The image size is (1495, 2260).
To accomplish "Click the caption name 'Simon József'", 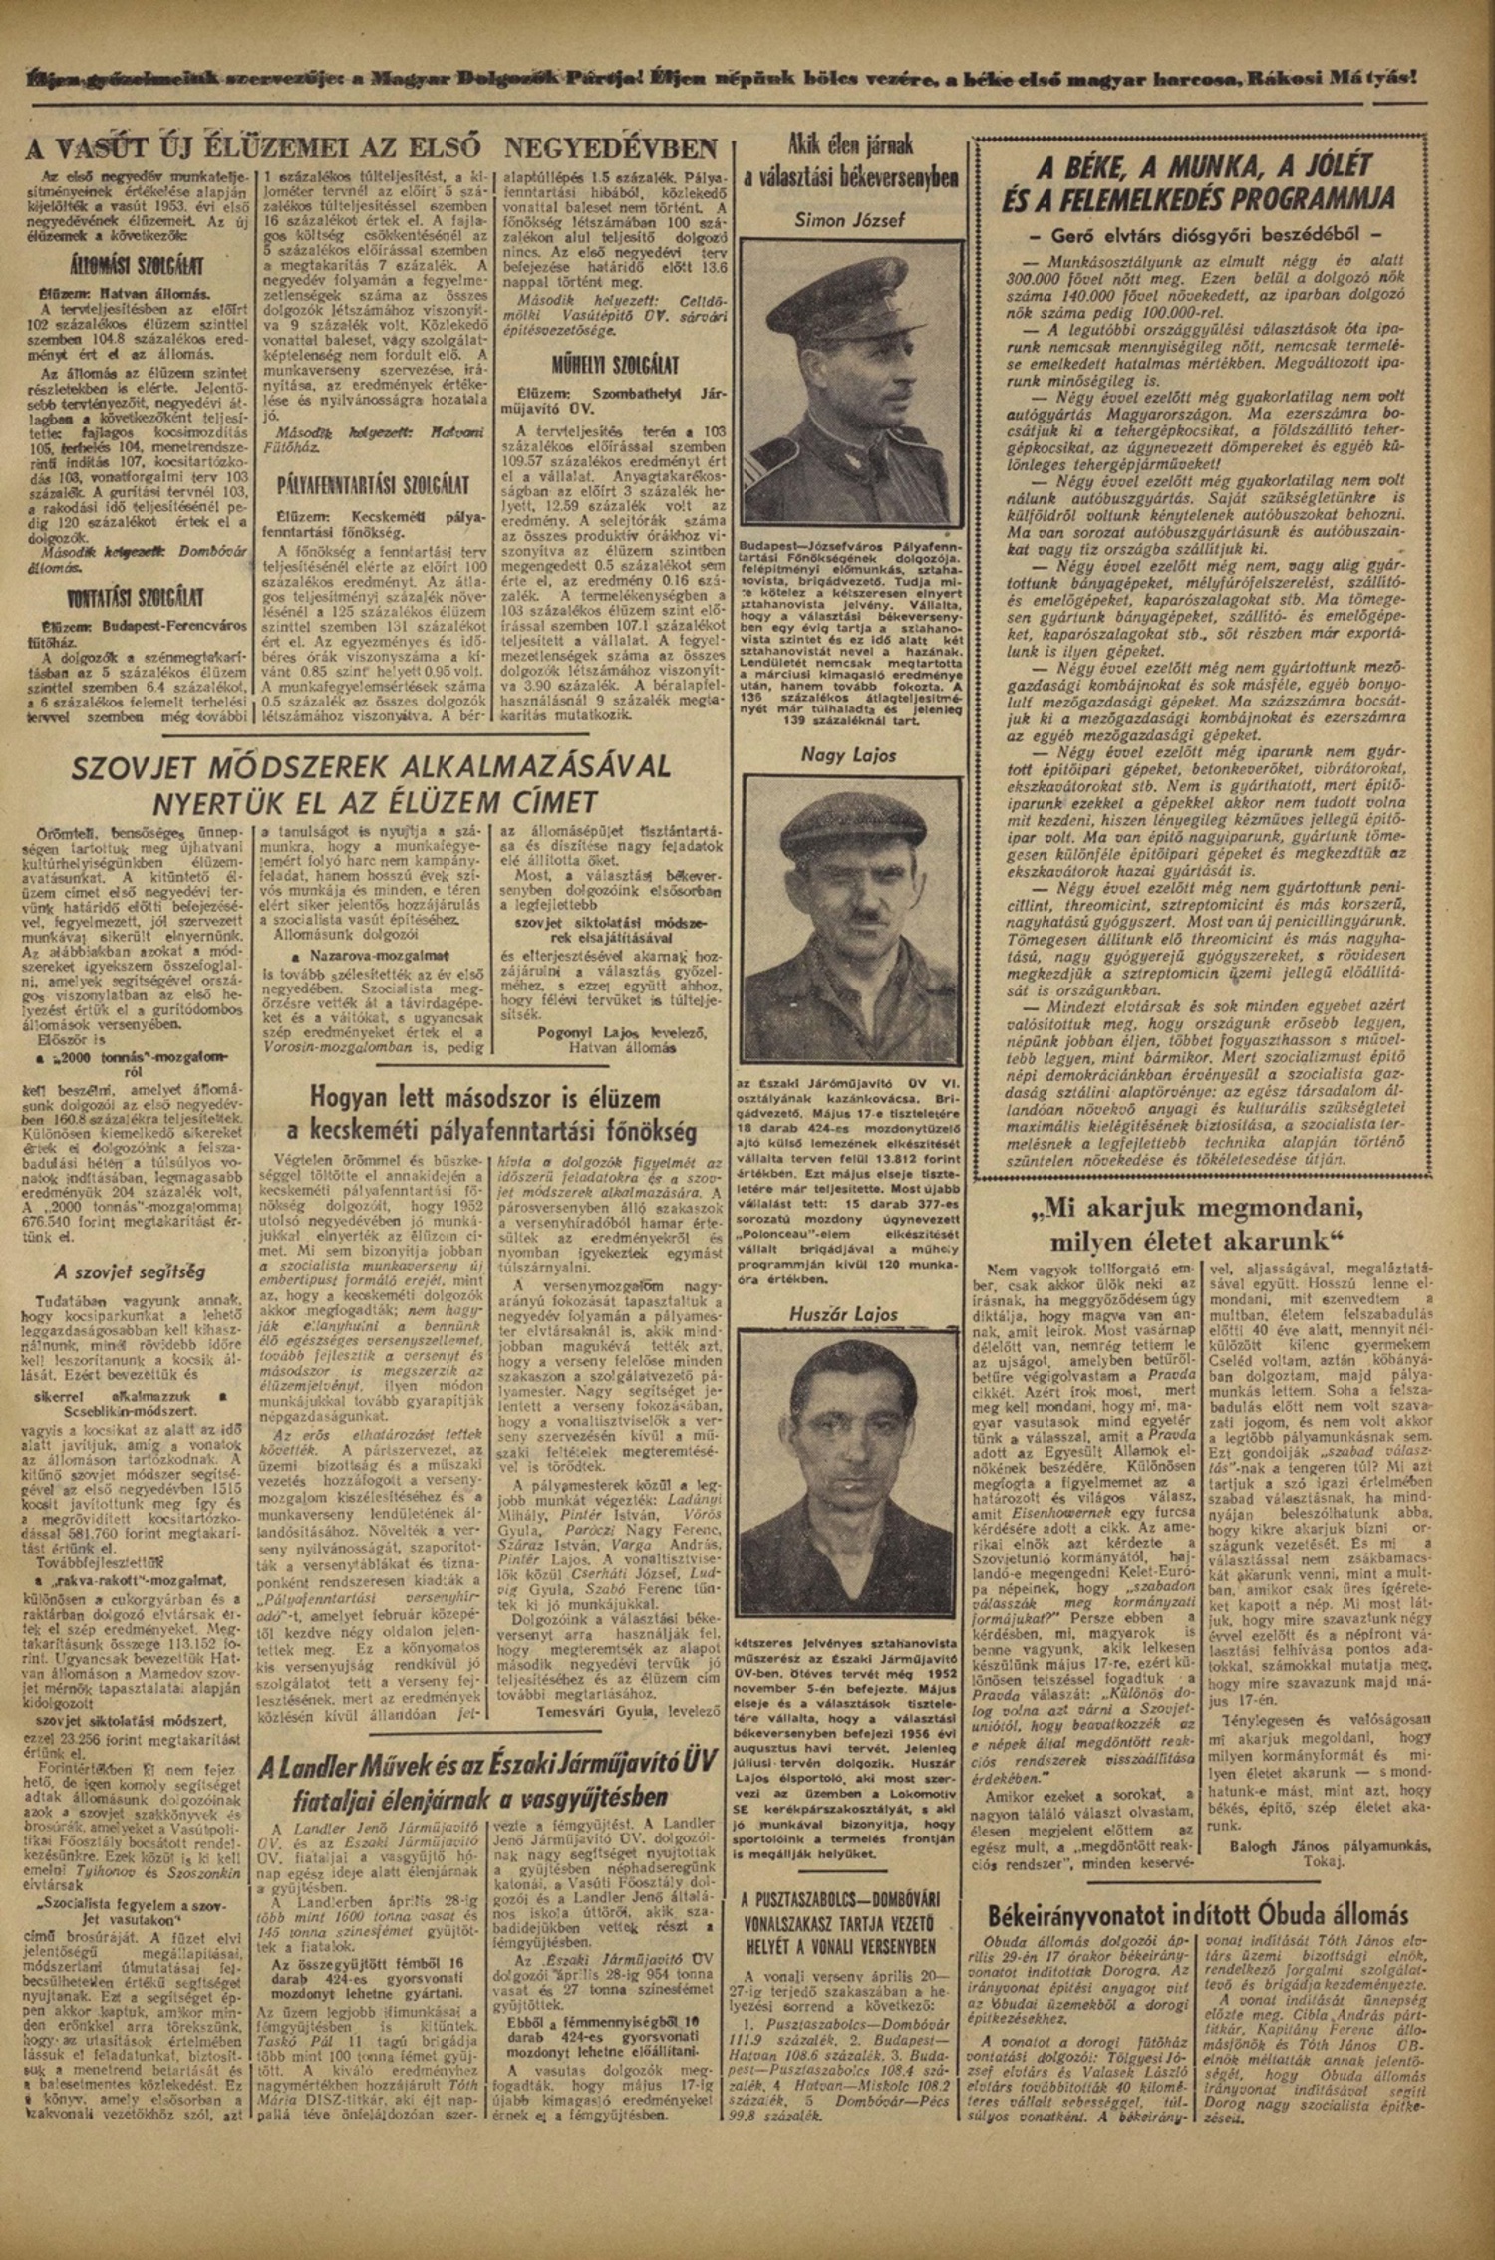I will pyautogui.click(x=850, y=220).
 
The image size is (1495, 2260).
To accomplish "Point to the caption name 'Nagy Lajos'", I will pyautogui.click(x=849, y=755).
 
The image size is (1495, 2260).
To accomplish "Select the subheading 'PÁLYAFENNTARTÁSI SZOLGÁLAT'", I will pyautogui.click(x=373, y=486).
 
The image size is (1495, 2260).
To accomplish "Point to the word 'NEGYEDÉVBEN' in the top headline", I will pyautogui.click(x=611, y=149).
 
